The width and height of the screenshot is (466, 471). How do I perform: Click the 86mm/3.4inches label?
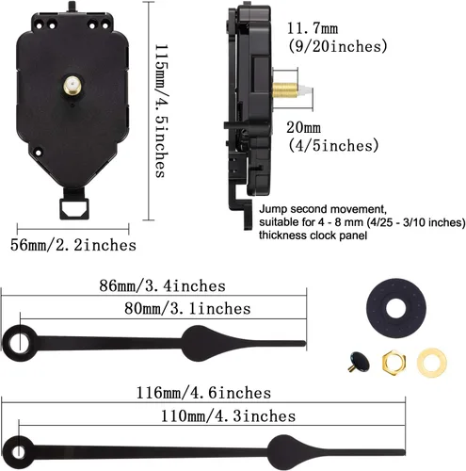click(153, 284)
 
